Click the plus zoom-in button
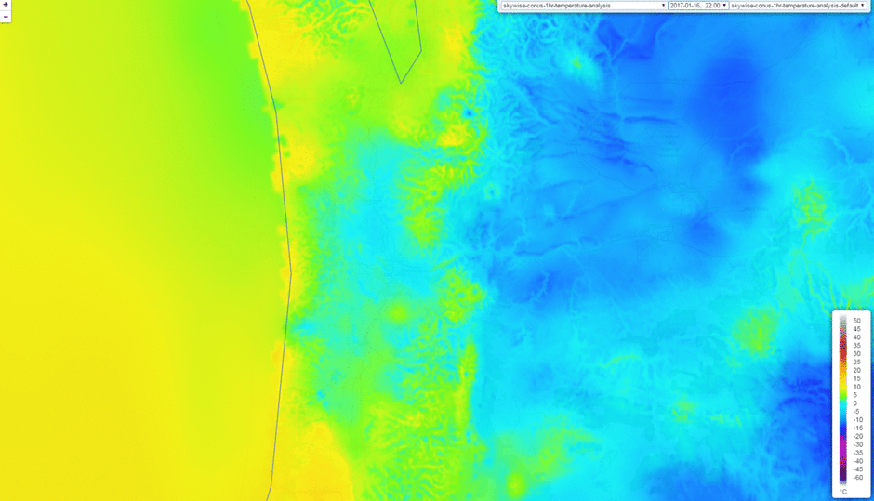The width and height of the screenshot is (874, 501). click(6, 5)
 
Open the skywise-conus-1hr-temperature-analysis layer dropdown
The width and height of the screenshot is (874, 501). click(583, 6)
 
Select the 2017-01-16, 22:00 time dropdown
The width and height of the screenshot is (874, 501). click(697, 6)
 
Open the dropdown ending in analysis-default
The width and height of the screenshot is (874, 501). click(798, 6)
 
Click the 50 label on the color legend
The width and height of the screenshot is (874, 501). click(856, 321)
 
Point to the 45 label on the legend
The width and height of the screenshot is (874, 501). click(856, 329)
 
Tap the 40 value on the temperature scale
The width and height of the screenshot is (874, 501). click(856, 337)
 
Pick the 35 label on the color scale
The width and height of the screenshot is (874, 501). click(856, 346)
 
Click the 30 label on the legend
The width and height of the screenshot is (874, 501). click(856, 354)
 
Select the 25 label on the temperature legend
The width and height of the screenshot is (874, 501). click(856, 362)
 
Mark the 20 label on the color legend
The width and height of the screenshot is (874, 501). click(856, 370)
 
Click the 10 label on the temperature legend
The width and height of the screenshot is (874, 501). click(856, 387)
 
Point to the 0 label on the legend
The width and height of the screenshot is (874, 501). click(855, 403)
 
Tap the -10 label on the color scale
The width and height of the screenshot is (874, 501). click(857, 419)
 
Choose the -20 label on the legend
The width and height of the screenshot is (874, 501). click(857, 436)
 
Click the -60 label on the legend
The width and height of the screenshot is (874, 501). click(857, 478)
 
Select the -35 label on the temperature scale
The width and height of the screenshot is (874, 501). click(857, 453)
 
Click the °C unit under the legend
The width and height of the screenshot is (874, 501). click(844, 491)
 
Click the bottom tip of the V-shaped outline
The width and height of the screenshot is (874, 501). click(401, 83)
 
